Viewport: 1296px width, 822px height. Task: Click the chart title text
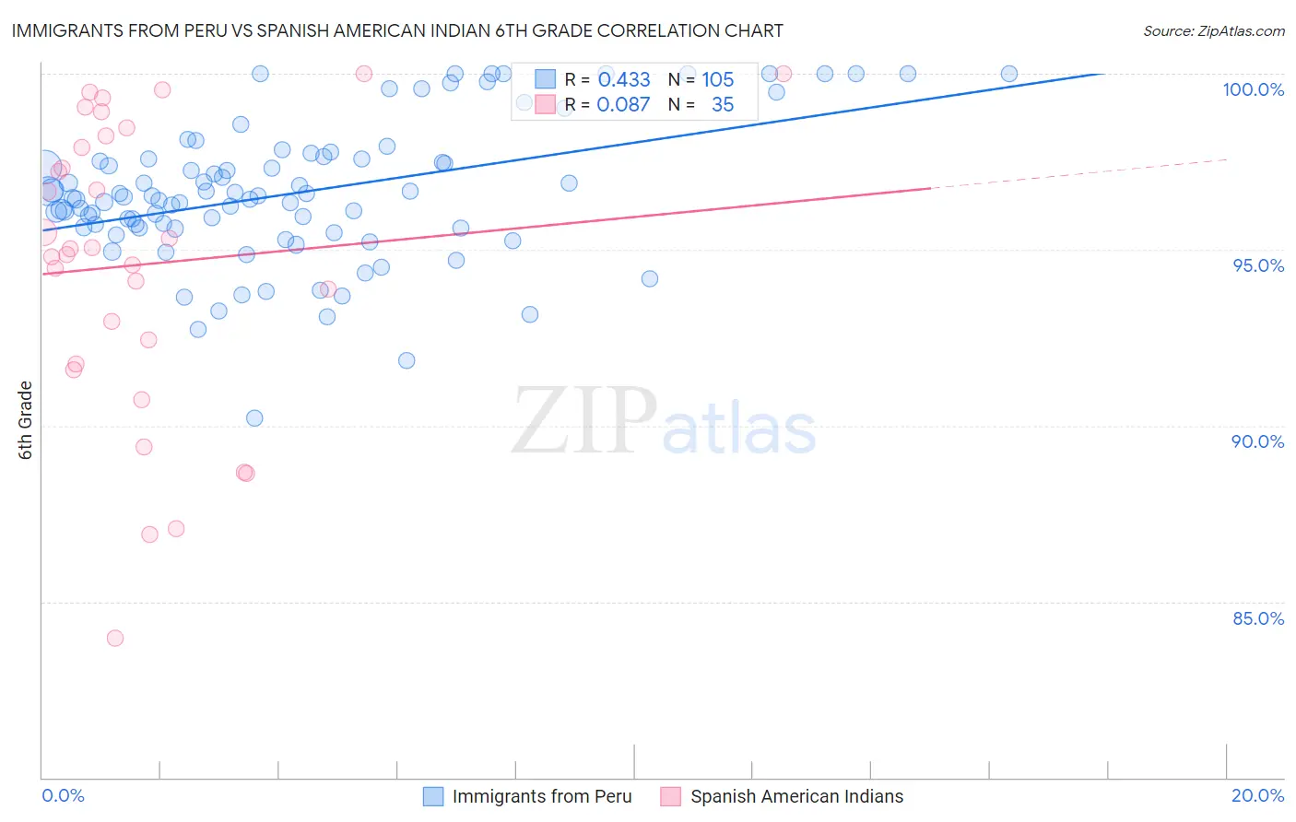coord(397,30)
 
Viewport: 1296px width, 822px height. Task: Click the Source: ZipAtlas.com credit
coord(1213,30)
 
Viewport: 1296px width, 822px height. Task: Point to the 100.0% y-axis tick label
coord(1253,89)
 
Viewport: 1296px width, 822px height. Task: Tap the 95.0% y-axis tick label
coord(1258,265)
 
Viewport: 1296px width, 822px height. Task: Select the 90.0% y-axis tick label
coord(1257,441)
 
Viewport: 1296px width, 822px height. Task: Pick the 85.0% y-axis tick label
coord(1258,618)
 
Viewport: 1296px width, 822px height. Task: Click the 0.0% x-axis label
coord(63,795)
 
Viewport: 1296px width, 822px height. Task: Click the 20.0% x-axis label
coord(1257,795)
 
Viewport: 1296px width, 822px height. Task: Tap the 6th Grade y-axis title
coord(25,420)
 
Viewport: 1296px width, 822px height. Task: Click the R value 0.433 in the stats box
coord(624,80)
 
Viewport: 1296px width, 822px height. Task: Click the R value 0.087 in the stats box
coord(623,105)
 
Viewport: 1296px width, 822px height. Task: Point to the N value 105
coord(717,80)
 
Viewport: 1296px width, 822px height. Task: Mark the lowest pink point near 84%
coord(115,638)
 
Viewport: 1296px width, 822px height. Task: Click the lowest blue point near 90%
coord(254,418)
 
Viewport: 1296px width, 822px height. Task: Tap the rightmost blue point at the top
coord(1009,74)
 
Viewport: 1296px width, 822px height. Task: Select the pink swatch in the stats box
coord(545,104)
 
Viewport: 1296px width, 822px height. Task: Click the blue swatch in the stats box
coord(545,79)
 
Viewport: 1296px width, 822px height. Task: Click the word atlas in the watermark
coord(739,429)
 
